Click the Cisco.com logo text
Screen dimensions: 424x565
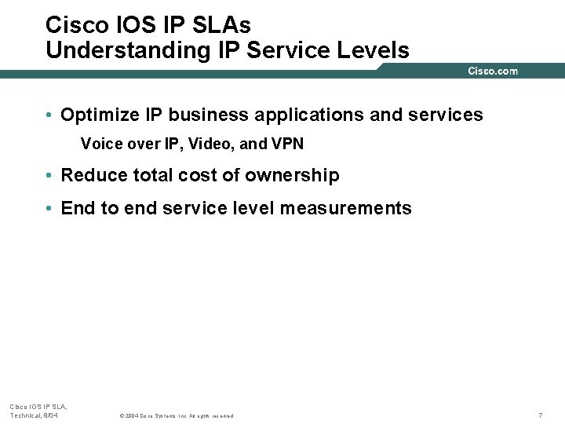point(493,71)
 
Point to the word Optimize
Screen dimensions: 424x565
point(97,115)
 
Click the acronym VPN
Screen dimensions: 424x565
point(287,145)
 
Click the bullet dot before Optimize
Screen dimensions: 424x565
point(49,115)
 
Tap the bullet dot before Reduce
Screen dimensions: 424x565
point(49,176)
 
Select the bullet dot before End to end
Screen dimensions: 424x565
point(49,209)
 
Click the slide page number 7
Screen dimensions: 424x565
point(540,415)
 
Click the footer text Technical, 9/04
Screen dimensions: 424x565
point(34,415)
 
